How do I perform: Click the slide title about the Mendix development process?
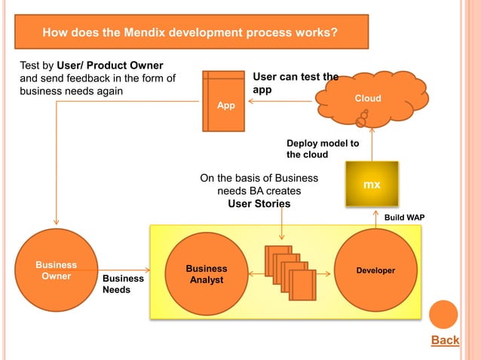tap(189, 33)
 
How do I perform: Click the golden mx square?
tap(371, 185)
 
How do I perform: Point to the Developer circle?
tap(375, 270)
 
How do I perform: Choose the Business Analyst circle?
tap(206, 275)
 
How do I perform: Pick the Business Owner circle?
tap(56, 270)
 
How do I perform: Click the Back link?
tap(445, 340)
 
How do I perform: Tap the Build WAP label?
tap(404, 218)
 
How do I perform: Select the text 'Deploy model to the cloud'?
tap(322, 149)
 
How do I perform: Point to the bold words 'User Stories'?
tap(259, 204)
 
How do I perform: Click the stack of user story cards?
tap(290, 272)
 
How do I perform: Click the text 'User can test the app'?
tap(295, 83)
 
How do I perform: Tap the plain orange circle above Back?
tap(443, 314)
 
